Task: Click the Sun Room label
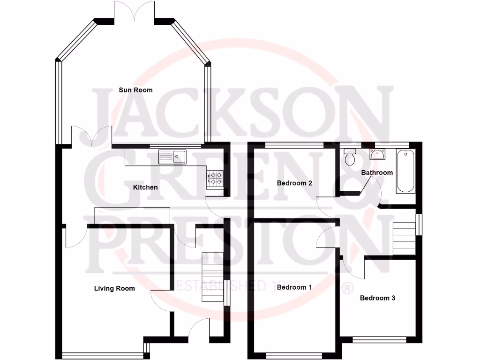[135, 90]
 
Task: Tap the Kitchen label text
[145, 187]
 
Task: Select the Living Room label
[114, 288]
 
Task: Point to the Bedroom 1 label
[294, 287]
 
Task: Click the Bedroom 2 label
[294, 183]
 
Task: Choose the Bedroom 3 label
[377, 298]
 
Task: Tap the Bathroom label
[377, 172]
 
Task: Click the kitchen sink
[173, 156]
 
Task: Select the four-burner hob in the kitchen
[215, 178]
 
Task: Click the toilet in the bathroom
[350, 157]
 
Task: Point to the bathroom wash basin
[377, 154]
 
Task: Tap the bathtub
[405, 172]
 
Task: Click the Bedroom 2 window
[294, 144]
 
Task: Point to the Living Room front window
[103, 354]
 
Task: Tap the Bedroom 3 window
[379, 338]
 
